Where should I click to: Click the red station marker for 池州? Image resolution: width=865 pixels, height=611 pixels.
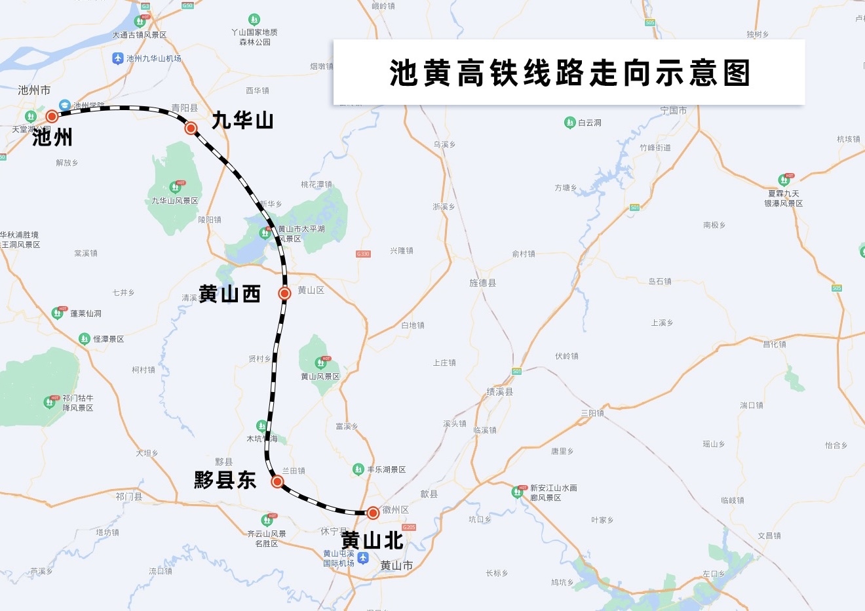[x=52, y=116]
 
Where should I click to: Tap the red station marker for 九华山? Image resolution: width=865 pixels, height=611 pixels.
[x=191, y=128]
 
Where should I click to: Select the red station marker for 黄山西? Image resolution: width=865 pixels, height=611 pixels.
[x=284, y=293]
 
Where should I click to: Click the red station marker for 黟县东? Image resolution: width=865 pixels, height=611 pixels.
[x=277, y=482]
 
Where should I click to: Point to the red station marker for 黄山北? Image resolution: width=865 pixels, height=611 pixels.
[x=373, y=513]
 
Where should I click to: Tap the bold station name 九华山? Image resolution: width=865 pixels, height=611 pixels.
[x=242, y=121]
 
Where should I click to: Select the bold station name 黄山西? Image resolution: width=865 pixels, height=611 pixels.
[x=229, y=294]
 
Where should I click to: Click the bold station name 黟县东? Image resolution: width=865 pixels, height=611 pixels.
[x=225, y=480]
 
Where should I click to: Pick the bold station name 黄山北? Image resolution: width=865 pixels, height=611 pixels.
[x=372, y=541]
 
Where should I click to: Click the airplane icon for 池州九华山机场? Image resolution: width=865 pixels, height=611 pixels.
[x=118, y=58]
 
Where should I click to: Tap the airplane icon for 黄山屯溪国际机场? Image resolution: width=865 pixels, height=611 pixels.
[x=363, y=558]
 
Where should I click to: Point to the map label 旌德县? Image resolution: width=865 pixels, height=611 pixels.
[x=483, y=283]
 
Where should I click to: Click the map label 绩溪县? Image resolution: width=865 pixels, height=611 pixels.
[x=500, y=391]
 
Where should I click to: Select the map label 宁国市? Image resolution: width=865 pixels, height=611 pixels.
[x=674, y=110]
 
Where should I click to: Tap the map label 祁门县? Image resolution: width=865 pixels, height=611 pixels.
[x=129, y=496]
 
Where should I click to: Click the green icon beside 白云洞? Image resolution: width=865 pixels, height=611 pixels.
[x=569, y=123]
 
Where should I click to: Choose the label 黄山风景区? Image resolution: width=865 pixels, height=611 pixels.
[x=320, y=376]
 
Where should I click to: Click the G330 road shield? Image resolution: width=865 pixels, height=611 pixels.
[x=363, y=254]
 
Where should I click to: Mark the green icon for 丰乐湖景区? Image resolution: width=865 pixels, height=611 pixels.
[x=358, y=469]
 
